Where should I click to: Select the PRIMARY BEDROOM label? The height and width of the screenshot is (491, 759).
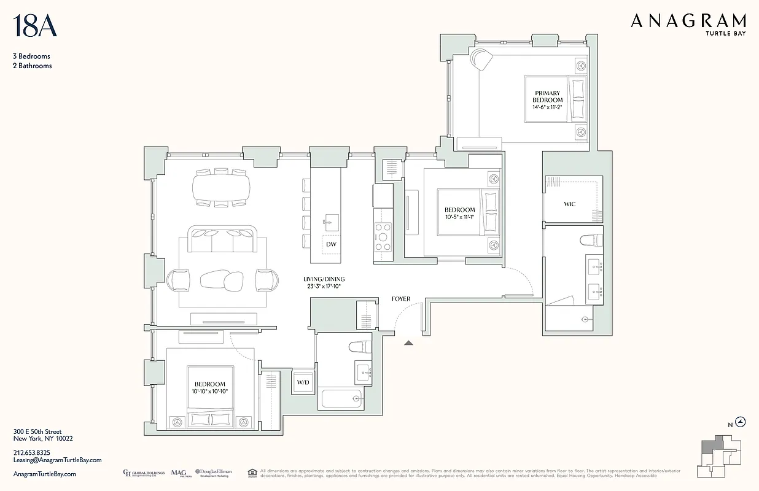(x=548, y=97)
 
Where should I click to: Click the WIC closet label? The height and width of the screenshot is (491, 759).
(x=569, y=204)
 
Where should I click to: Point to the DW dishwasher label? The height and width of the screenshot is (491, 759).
(x=331, y=244)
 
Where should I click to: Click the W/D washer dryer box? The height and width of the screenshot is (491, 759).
(x=303, y=382)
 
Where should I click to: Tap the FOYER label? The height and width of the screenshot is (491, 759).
(x=400, y=299)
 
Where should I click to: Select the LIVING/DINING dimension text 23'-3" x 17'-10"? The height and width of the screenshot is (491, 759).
(x=324, y=286)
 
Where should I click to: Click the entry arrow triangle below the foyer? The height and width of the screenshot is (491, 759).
(x=408, y=342)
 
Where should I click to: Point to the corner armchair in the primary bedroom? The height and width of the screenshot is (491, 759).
(x=481, y=60)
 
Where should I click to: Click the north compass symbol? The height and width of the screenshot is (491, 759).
(x=741, y=422)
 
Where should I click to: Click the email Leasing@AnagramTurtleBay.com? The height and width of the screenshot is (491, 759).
(x=57, y=460)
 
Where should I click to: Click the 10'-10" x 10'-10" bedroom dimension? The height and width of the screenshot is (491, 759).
(x=210, y=392)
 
